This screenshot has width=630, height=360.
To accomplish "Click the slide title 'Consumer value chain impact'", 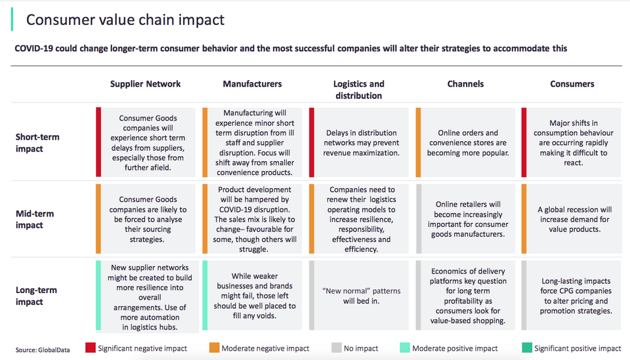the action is click(x=125, y=20).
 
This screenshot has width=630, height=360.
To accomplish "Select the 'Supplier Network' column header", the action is click(x=146, y=84).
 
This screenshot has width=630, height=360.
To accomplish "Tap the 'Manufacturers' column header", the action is click(x=252, y=84).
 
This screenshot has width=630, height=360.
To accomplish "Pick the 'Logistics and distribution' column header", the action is click(x=359, y=89).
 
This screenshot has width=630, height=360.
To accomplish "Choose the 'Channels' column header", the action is click(x=465, y=84).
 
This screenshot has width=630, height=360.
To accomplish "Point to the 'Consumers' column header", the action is click(x=572, y=84).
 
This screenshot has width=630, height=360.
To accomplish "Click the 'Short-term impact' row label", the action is click(x=37, y=142).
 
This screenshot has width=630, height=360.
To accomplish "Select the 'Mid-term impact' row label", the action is click(x=35, y=219).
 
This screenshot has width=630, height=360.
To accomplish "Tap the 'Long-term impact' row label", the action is click(x=36, y=296).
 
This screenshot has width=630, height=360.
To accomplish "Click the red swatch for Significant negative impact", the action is click(x=91, y=348).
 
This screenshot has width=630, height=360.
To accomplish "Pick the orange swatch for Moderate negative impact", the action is click(x=215, y=348).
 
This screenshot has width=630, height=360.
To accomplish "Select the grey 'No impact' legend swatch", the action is click(x=337, y=348).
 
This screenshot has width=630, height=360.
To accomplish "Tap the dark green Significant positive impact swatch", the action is click(x=527, y=348).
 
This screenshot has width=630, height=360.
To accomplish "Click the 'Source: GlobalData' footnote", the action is click(x=43, y=350).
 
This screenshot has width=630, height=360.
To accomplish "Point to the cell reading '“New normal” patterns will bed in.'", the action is click(x=361, y=296).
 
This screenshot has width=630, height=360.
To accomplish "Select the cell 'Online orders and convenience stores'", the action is click(x=468, y=142).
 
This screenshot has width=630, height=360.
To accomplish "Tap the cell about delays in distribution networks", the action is click(x=361, y=142).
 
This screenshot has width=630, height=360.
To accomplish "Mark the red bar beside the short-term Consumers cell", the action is click(x=524, y=142).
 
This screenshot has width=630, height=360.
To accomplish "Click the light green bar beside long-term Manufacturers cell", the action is click(x=205, y=296).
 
